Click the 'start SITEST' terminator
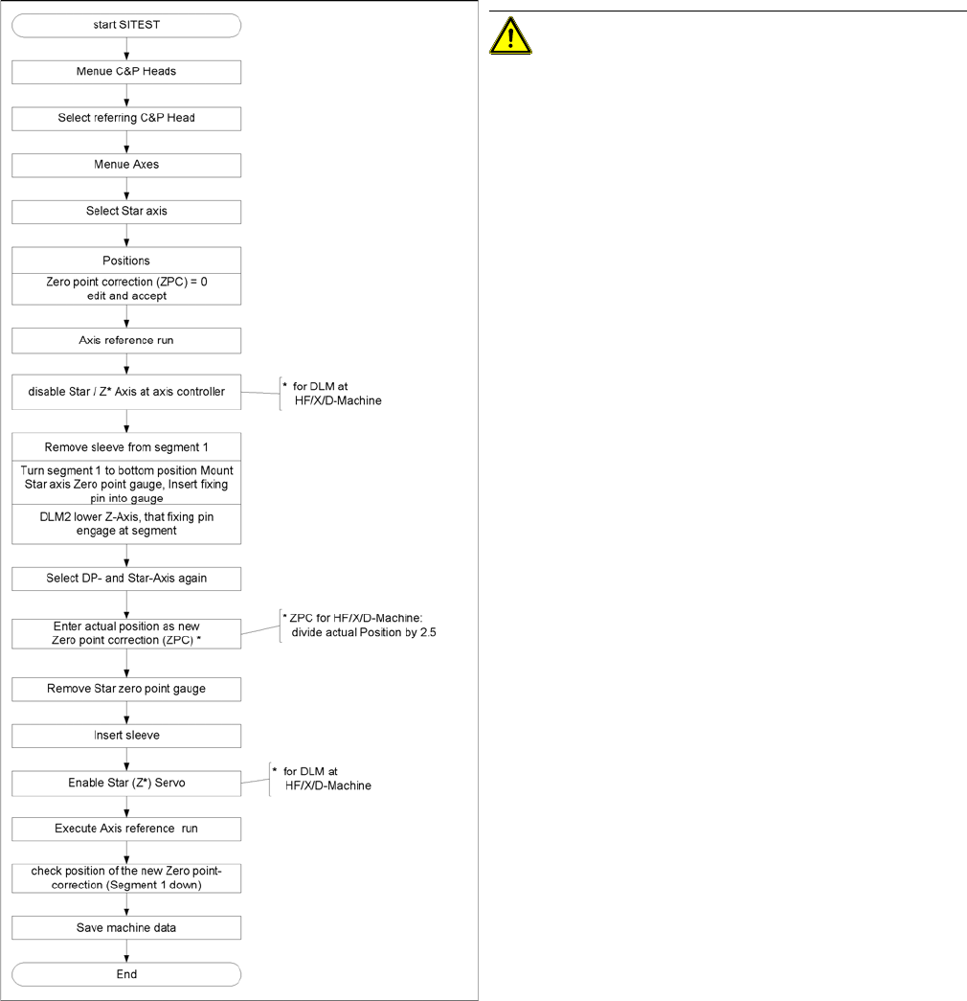(x=125, y=25)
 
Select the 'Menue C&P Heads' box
(x=125, y=72)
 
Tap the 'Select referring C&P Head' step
(x=125, y=118)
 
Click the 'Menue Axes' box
(x=125, y=165)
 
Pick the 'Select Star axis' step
(x=125, y=211)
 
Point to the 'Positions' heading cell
(x=125, y=261)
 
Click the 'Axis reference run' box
(x=125, y=341)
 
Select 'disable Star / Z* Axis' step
(x=125, y=393)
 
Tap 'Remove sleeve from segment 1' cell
(x=125, y=447)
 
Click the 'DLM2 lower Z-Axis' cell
(x=125, y=525)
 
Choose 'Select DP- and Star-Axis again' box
(x=125, y=579)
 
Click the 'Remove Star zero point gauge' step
(x=125, y=689)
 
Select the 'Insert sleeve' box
(x=125, y=736)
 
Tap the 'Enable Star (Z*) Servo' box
(x=125, y=783)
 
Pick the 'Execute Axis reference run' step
(x=125, y=829)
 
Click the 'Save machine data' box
(x=125, y=927)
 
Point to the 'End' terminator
(x=125, y=974)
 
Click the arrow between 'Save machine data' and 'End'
(x=125, y=950)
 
